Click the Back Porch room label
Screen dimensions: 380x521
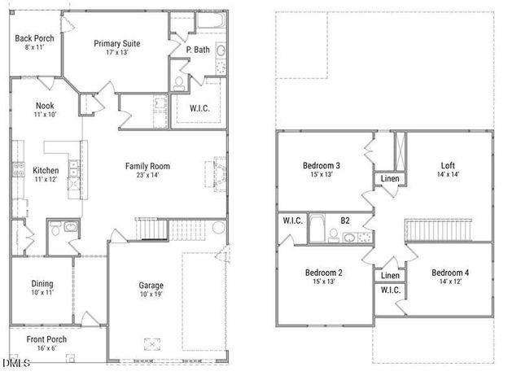33,38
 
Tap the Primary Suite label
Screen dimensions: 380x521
116,43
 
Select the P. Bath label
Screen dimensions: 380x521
197,50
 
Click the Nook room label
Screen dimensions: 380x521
44,106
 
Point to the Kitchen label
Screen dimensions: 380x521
45,170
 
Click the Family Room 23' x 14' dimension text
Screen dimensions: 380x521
147,176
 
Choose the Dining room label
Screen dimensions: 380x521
42,284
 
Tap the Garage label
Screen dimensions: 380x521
151,286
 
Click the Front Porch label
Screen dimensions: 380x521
46,339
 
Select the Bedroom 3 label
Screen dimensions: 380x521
322,166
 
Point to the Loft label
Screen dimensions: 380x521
448,165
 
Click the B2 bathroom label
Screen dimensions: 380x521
345,220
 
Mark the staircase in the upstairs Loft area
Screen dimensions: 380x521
440,229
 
